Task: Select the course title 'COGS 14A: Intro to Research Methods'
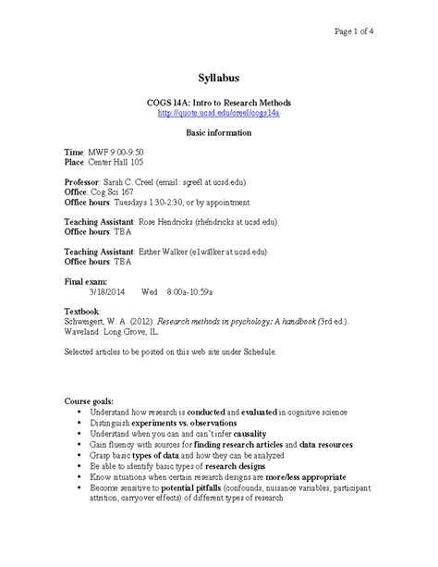(218, 102)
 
